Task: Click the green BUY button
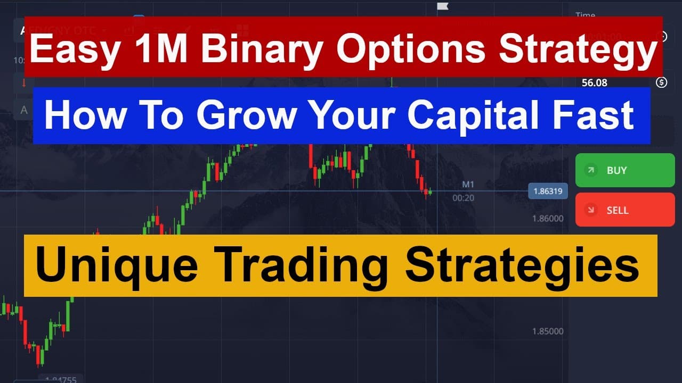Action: point(624,170)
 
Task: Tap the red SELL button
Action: point(624,210)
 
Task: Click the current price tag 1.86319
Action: point(548,191)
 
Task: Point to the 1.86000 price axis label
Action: point(548,218)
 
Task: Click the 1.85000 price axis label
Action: point(548,331)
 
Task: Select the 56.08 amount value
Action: point(595,82)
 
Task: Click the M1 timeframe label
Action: point(468,185)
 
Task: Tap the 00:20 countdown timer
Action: point(463,198)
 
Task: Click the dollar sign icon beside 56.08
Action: point(662,82)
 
